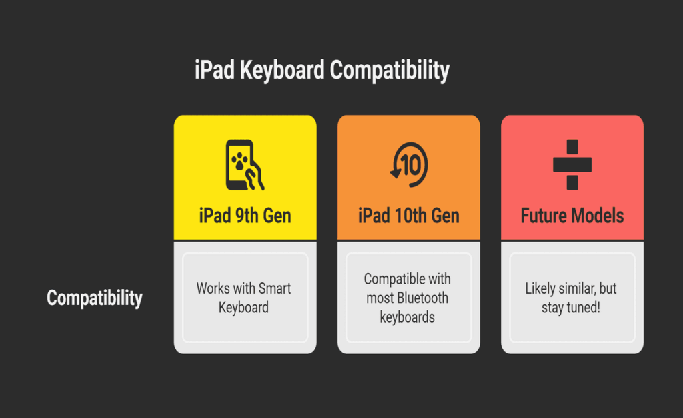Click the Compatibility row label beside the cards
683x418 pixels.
point(94,298)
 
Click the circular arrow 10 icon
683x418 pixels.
point(408,164)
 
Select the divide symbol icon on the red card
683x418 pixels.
point(572,164)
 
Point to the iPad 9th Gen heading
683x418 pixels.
point(245,216)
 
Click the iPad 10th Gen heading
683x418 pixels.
point(408,216)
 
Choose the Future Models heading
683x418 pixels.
point(572,216)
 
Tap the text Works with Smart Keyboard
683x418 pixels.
point(244,298)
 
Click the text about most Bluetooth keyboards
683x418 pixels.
point(408,298)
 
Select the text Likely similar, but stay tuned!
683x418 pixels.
point(571,298)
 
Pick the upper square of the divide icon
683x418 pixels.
point(572,147)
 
